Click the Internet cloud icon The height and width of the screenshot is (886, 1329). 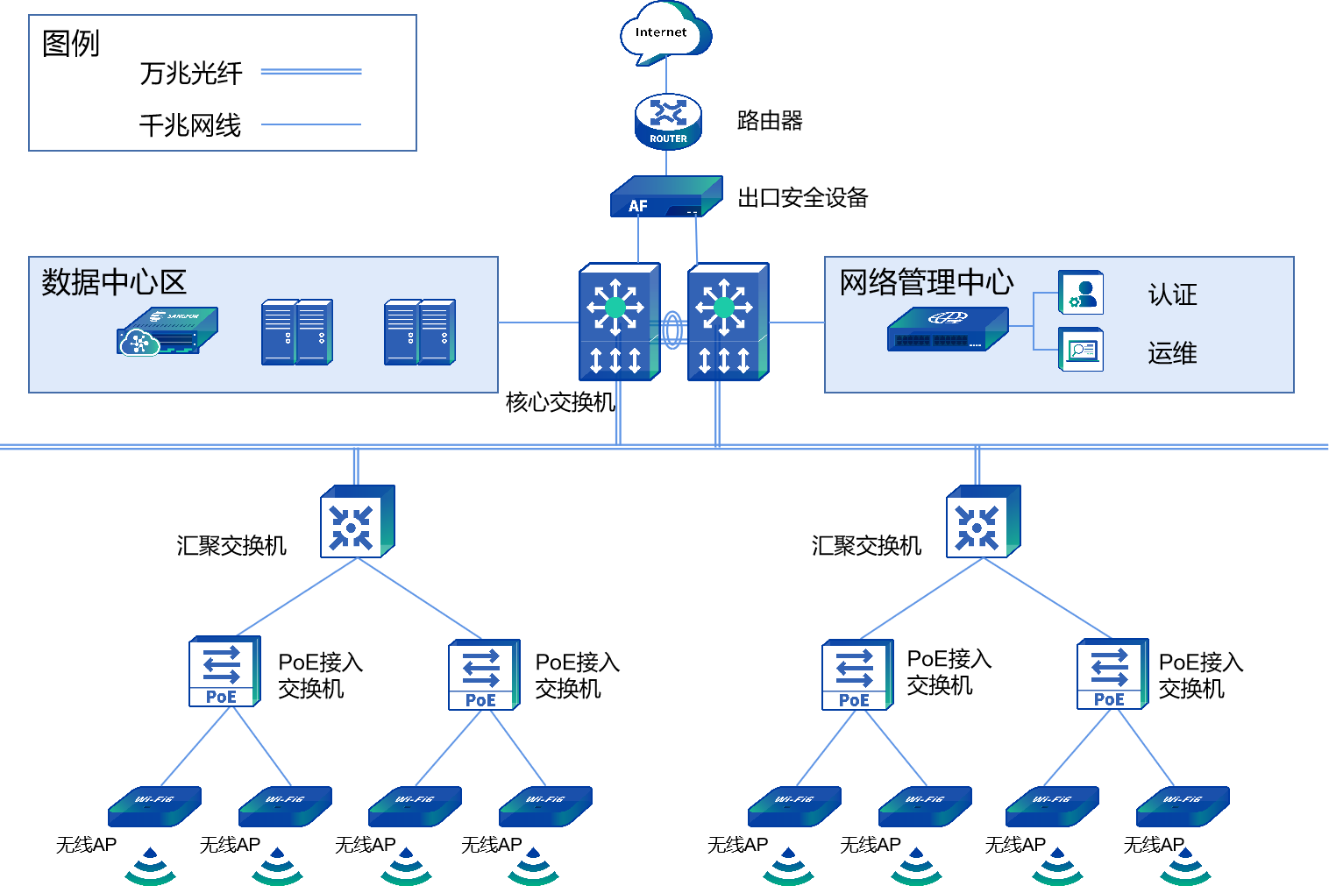tap(664, 33)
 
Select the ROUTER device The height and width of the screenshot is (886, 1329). tap(668, 122)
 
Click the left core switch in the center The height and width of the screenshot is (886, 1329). tap(618, 323)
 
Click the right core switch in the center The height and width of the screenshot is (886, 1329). tap(727, 323)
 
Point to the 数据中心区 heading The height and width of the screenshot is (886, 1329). tap(114, 282)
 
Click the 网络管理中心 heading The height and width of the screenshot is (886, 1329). tap(926, 282)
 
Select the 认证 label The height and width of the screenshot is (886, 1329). tap(1172, 294)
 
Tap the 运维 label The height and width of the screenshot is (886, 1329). tap(1172, 353)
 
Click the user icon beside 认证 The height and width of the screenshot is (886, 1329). tap(1081, 293)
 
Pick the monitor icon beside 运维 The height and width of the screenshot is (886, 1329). tap(1081, 350)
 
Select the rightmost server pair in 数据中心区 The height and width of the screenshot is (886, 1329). tap(419, 332)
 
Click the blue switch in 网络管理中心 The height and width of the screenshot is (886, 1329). tap(947, 330)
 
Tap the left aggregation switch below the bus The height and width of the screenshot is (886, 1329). tap(357, 522)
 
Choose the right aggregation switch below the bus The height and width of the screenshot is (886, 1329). tap(983, 522)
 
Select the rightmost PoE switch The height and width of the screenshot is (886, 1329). tap(1112, 674)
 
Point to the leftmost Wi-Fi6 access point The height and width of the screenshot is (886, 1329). tap(154, 807)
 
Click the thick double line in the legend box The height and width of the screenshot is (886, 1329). tap(311, 72)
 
